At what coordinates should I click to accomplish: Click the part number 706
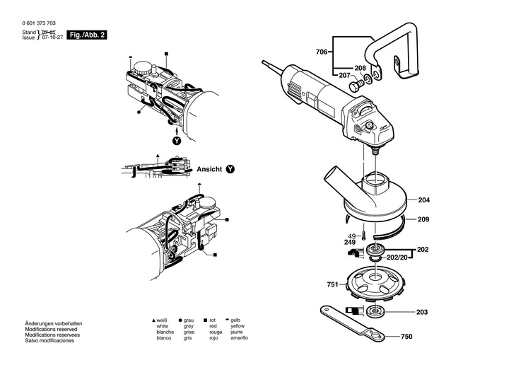click(321, 52)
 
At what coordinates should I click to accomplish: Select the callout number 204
click(423, 200)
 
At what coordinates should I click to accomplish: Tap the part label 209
click(423, 219)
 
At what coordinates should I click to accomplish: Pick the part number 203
click(423, 312)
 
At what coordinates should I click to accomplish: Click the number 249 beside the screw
click(351, 243)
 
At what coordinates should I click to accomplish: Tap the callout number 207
click(344, 75)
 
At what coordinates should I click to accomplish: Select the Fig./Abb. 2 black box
click(88, 35)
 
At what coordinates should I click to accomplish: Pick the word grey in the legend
click(188, 326)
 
